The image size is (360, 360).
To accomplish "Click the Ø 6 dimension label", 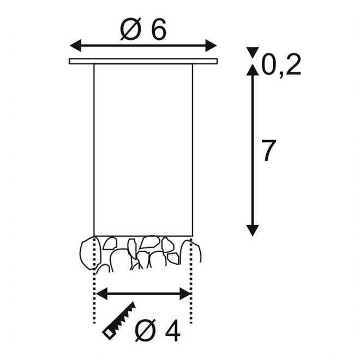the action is point(143,29).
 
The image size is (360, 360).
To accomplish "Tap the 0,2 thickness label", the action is point(281,65).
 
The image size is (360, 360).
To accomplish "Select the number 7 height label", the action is point(269,151).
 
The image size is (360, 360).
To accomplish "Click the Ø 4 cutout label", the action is point(158,331).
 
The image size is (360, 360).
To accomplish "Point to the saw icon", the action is point(119,320).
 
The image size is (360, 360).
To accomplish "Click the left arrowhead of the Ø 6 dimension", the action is point(75,45).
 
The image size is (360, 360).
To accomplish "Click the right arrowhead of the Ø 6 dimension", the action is point(211,45).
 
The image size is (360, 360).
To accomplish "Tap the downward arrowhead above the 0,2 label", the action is point(253,52).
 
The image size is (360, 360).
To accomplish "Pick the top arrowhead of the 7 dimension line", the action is point(253,70).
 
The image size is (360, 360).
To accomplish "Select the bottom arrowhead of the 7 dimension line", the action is point(253,231).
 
